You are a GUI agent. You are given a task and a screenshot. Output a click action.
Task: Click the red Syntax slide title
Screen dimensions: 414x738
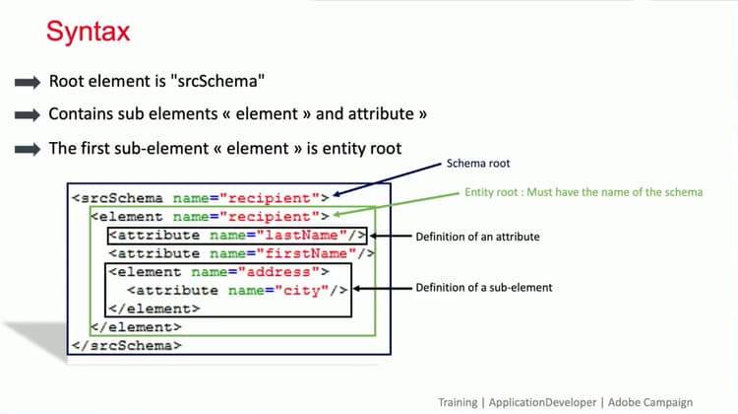[88, 33]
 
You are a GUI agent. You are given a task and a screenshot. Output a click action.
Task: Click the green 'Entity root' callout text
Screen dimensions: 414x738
[584, 192]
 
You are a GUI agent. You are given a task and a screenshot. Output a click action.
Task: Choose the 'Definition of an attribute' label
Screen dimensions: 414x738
[477, 237]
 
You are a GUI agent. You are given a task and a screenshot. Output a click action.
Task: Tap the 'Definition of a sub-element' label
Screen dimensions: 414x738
[482, 287]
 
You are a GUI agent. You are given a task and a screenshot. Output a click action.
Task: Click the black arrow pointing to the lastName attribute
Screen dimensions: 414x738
[388, 237]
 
